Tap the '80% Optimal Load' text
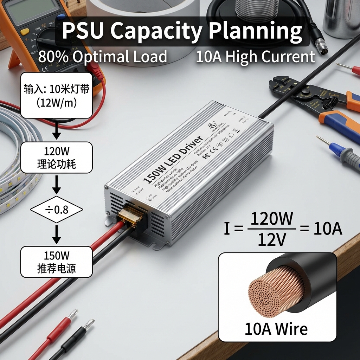(x=102, y=57)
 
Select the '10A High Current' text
(x=255, y=57)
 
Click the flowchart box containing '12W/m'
(x=57, y=95)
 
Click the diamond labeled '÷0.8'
(x=57, y=210)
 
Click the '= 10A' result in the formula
(x=321, y=229)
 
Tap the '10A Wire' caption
(x=276, y=329)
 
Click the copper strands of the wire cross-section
(x=276, y=292)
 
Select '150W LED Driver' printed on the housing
(x=173, y=159)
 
